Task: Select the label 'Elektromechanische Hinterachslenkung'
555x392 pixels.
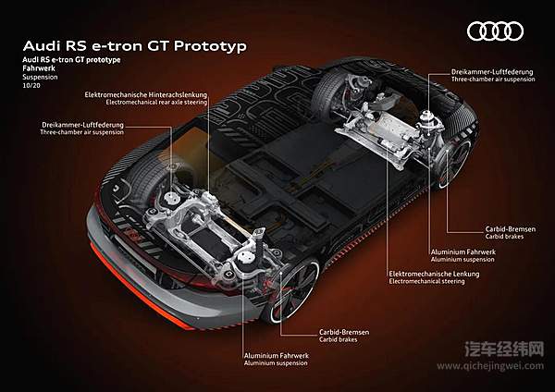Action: coord(145,95)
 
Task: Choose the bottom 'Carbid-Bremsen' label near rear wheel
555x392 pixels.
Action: coord(333,330)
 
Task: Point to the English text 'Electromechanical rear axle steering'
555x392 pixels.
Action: coord(145,104)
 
